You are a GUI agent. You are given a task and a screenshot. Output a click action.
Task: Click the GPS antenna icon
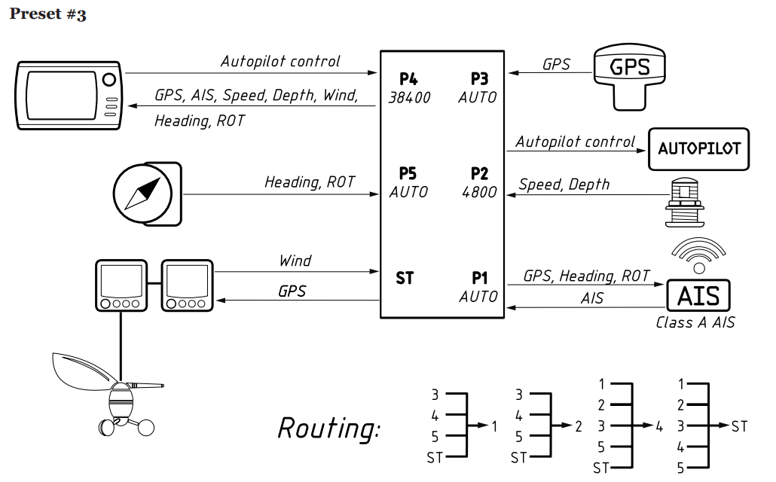pos(629,75)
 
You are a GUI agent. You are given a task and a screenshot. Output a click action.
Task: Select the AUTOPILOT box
pos(699,148)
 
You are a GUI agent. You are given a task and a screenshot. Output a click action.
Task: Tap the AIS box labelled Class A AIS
pos(698,295)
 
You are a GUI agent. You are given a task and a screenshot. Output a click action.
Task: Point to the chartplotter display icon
pos(69,95)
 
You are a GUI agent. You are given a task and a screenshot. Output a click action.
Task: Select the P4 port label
pos(409,78)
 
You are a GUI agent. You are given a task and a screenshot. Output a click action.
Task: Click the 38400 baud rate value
pos(409,98)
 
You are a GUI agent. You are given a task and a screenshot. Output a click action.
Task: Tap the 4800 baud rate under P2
pos(479,193)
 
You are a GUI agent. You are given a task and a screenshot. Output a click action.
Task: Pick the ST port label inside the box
pos(405,278)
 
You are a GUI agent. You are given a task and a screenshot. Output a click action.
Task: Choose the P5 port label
pos(408,174)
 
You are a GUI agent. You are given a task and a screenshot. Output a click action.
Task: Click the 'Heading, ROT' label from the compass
pos(309,182)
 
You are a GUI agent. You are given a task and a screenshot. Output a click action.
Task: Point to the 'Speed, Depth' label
pos(564,185)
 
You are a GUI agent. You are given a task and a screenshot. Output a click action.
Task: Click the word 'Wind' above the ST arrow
pos(295,261)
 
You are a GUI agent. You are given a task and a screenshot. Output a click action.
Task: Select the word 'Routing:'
pos(329,428)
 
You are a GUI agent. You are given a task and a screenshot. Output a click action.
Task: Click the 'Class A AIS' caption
pos(695,323)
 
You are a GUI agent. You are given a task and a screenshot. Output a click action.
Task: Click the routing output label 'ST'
pos(739,426)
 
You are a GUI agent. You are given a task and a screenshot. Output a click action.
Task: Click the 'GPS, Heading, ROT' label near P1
pos(586,276)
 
